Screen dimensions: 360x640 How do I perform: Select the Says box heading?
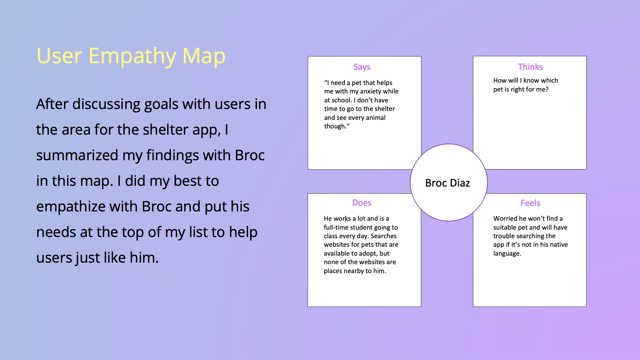tap(362, 67)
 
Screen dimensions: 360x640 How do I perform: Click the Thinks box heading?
tap(530, 67)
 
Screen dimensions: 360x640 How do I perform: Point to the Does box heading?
tap(362, 202)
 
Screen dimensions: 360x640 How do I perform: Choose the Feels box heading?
tap(530, 203)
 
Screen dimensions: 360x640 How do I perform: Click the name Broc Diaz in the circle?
tap(448, 183)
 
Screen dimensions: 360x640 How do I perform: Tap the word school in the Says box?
tap(341, 100)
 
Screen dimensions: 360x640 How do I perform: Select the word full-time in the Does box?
tap(337, 227)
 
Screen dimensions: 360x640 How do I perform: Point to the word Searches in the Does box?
tap(384, 236)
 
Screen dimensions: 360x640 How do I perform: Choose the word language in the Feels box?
tap(507, 253)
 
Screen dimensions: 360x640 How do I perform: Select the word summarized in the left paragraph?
tap(77, 155)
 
